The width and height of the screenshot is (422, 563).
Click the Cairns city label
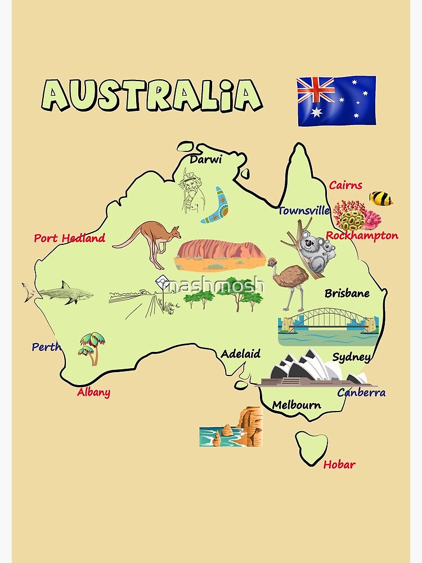[x=345, y=185]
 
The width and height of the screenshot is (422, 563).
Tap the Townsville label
[x=304, y=211]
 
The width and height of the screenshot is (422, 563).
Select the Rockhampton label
[x=362, y=236]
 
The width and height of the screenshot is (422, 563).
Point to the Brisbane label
[x=347, y=293]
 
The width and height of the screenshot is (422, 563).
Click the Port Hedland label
[x=69, y=238]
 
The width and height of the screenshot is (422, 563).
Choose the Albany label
[x=93, y=392]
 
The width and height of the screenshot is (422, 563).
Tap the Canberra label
[x=361, y=392]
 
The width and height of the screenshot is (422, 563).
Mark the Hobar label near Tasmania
[x=339, y=464]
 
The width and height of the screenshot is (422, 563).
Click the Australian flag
[x=336, y=101]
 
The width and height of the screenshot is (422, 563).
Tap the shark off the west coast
[x=62, y=293]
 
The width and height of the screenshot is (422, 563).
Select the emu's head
[x=272, y=262]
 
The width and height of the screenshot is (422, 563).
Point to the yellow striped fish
[x=380, y=198]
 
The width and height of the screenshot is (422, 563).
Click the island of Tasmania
[x=312, y=445]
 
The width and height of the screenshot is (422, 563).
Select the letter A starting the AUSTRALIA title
[x=59, y=95]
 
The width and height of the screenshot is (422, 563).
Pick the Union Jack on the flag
[x=316, y=90]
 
